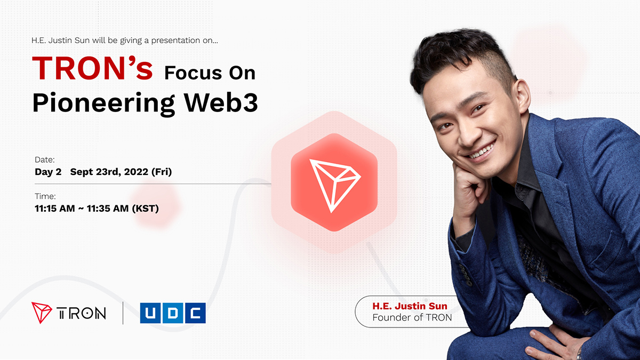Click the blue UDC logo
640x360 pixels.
tap(173, 313)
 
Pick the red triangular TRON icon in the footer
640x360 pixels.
tap(42, 313)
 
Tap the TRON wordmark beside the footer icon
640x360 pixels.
tap(81, 313)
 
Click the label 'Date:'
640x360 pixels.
tap(44, 159)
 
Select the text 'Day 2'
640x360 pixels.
tap(48, 172)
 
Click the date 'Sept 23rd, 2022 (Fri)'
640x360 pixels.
tap(121, 172)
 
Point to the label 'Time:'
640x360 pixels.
tap(45, 196)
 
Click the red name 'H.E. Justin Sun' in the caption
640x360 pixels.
tap(410, 306)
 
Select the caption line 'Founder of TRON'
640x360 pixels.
tap(412, 318)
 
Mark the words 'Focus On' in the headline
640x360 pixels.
tap(210, 72)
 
